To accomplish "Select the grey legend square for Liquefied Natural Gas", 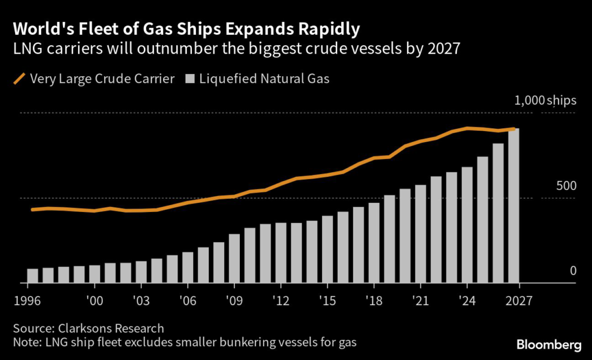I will click(190, 79).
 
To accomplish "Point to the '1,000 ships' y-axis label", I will click(545, 101).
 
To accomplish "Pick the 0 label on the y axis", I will click(573, 271).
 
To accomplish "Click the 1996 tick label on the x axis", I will click(28, 301).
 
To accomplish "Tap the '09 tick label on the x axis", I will click(234, 301).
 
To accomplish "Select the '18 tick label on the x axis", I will click(373, 301).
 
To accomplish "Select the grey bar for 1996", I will click(32, 276).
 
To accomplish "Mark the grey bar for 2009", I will click(234, 259).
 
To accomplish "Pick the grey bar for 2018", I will click(374, 243).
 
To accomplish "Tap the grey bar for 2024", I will click(467, 225).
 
